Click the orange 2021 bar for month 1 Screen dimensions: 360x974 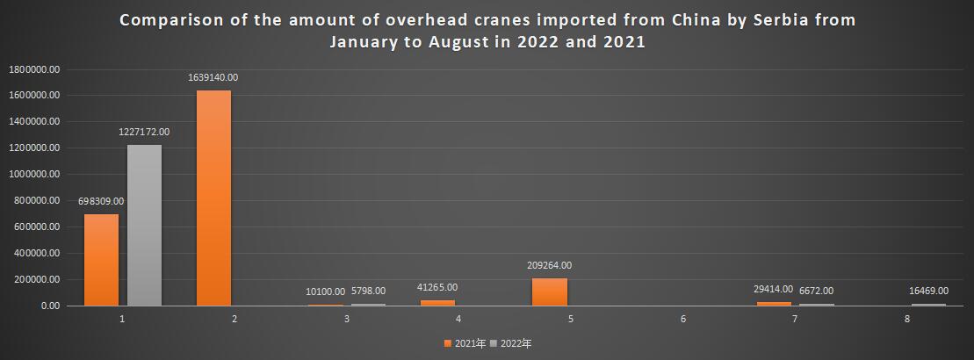pyautogui.click(x=101, y=260)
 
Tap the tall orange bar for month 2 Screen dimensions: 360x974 pyautogui.click(x=213, y=198)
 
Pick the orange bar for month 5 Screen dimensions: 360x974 pyautogui.click(x=550, y=292)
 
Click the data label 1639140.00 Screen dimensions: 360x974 pyautogui.click(x=213, y=77)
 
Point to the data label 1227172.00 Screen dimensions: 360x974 pyautogui.click(x=144, y=132)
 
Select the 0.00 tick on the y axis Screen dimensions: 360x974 pyautogui.click(x=47, y=306)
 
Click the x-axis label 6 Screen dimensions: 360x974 pyautogui.click(x=682, y=319)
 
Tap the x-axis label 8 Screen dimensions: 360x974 pyautogui.click(x=907, y=319)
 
